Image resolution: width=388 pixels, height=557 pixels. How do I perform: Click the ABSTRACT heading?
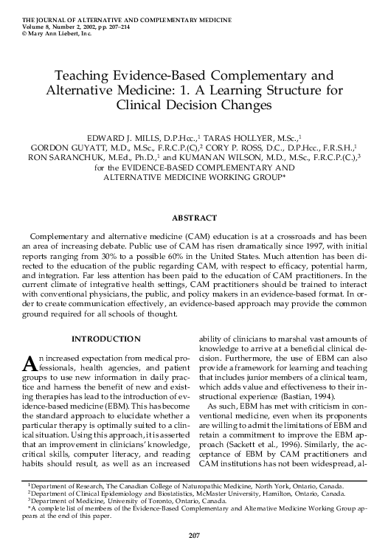(x=194, y=218)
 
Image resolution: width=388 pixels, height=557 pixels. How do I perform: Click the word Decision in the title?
(x=189, y=105)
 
